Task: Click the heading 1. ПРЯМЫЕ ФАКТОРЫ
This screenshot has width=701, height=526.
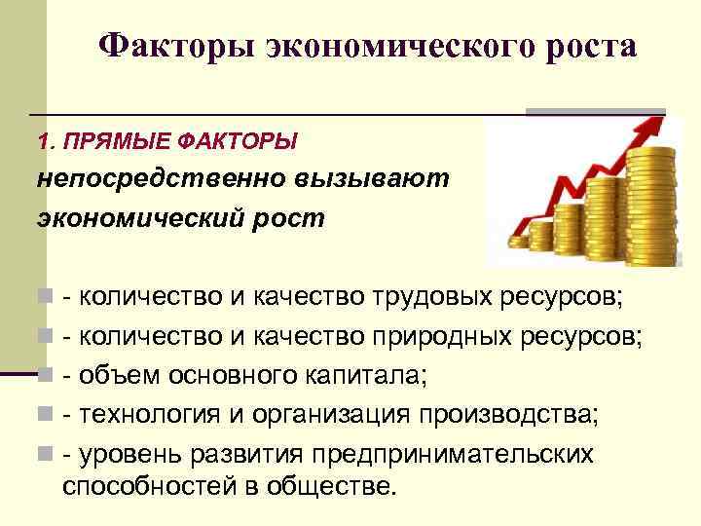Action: [x=166, y=142]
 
